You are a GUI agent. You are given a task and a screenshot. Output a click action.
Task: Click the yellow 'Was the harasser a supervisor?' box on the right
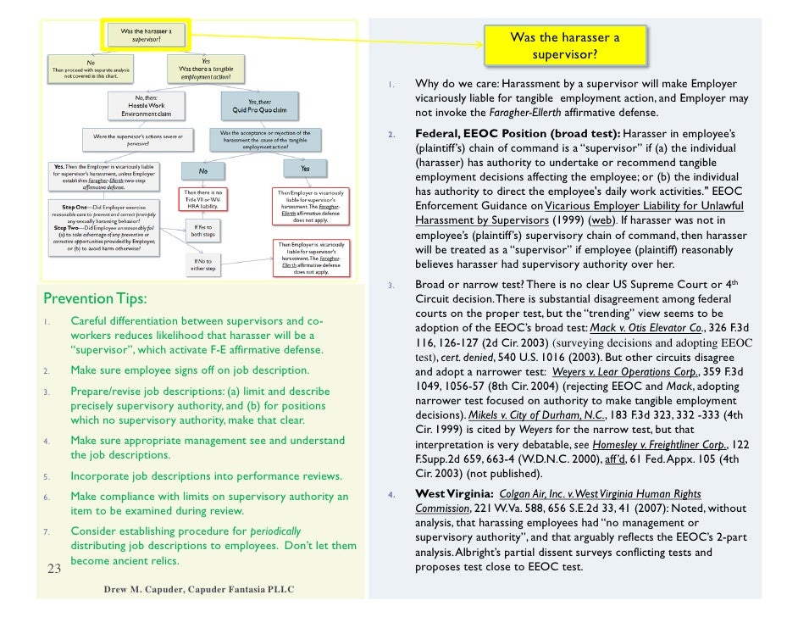[x=565, y=47]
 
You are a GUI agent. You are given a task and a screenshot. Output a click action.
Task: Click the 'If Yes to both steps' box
[x=202, y=231]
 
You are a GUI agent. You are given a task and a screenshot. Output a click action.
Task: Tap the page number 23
[x=53, y=569]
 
